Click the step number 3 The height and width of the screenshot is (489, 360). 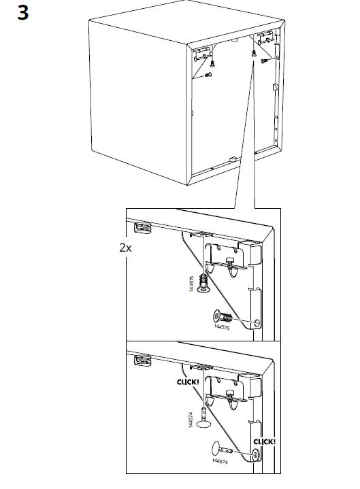pos(22,13)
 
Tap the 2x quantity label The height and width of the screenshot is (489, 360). pos(125,248)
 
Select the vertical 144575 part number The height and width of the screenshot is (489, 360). pos(192,284)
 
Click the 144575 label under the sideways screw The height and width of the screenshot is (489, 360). pos(222,327)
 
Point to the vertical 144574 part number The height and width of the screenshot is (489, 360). pos(191,420)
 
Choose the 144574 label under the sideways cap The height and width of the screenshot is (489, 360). pos(220,461)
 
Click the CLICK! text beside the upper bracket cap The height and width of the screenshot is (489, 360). pos(188,382)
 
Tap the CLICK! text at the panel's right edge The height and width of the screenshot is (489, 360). pos(265,441)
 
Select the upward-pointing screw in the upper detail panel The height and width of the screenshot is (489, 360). pos(204,282)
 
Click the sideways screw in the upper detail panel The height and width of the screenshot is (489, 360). pos(223,317)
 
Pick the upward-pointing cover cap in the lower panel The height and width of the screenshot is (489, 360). pos(203,418)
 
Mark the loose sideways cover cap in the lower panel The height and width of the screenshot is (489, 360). pos(221,449)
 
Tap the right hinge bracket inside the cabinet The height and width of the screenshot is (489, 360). pos(266,37)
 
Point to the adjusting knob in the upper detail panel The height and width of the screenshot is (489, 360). pos(230,261)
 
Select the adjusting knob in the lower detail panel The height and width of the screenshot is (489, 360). pos(230,395)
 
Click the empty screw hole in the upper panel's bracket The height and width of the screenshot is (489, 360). pos(257,323)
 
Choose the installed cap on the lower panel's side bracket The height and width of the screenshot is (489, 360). pos(257,455)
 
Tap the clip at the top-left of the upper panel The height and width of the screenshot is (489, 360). pos(143,228)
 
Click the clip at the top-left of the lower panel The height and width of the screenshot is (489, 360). pos(143,360)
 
